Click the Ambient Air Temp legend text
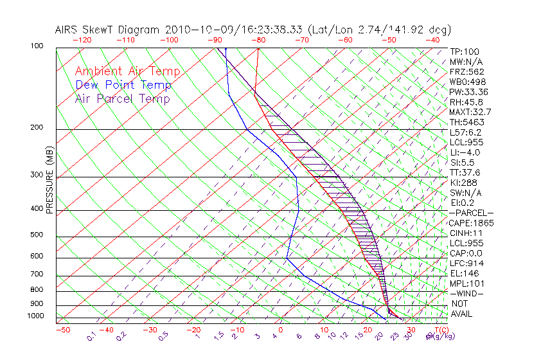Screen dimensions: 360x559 click(127, 71)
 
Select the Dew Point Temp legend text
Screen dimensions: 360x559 click(123, 85)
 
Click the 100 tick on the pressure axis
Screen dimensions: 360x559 click(37, 46)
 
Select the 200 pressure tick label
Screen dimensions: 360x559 click(37, 128)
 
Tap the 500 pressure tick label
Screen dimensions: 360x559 click(37, 235)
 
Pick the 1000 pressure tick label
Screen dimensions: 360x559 click(35, 316)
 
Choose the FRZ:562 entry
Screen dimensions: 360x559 click(466, 71)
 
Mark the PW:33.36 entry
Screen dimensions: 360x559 click(469, 92)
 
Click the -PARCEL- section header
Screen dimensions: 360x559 click(471, 213)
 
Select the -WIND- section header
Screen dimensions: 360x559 click(466, 293)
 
